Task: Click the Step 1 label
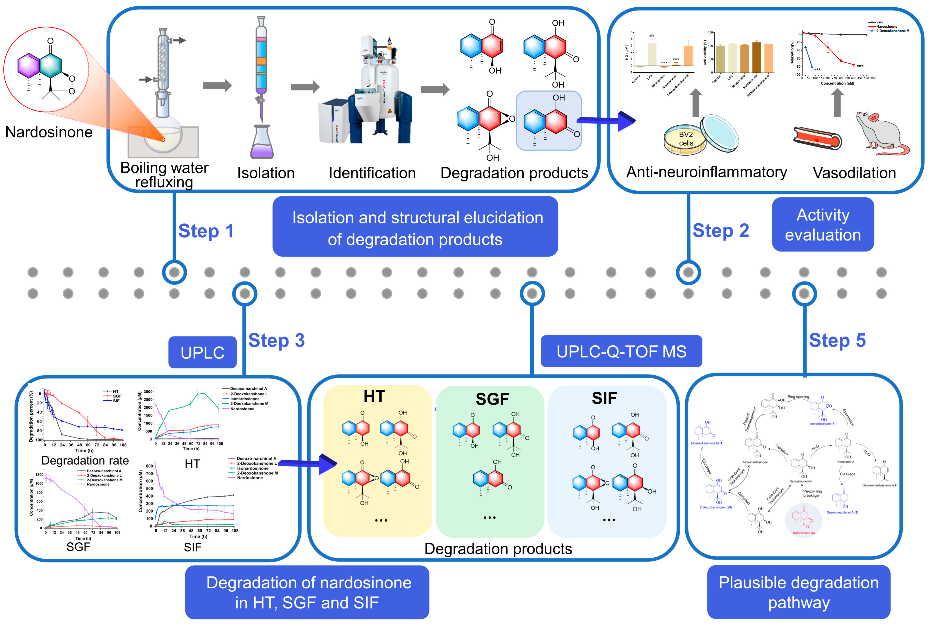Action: [x=206, y=231]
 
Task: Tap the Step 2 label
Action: [x=721, y=231]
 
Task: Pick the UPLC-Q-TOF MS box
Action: [x=621, y=351]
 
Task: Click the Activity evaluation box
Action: [x=823, y=225]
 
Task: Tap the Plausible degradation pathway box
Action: [x=798, y=592]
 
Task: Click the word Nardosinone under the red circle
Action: [x=49, y=132]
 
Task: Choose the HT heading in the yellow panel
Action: [x=374, y=396]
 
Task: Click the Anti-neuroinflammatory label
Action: [x=706, y=172]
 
